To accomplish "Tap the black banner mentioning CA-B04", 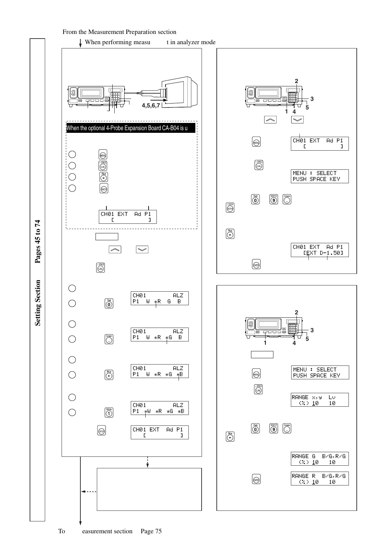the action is click(131, 128).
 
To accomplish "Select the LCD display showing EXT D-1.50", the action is click(320, 250).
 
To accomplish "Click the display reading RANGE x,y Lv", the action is click(320, 400).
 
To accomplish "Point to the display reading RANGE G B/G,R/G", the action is click(320, 459).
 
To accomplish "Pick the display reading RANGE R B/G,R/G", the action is click(320, 479).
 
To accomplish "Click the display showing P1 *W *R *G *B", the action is click(159, 408).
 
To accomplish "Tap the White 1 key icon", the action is click(109, 413).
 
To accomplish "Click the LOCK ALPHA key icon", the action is click(230, 208).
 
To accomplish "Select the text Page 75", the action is click(151, 531).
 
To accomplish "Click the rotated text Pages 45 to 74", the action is click(38, 242).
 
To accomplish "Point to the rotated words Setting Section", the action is click(38, 303).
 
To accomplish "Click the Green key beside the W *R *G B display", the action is click(109, 339).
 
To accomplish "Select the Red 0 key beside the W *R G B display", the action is click(109, 303).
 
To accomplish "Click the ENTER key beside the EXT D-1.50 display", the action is click(256, 265).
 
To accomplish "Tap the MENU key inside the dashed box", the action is click(103, 155).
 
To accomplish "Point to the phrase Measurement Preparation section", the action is click(127, 32).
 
